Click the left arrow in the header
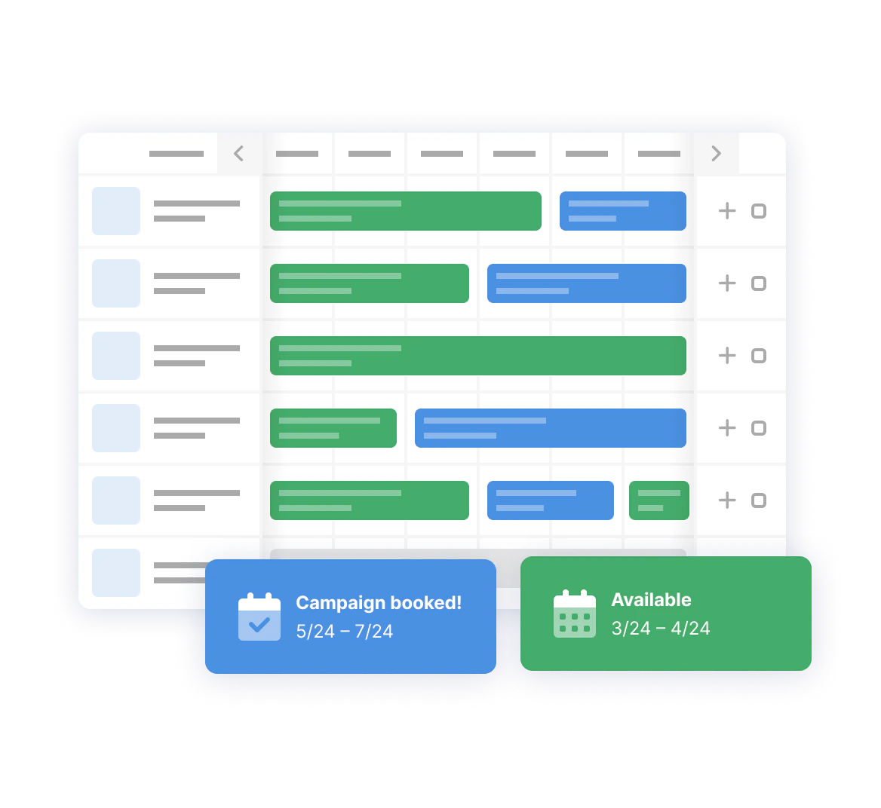point(239,153)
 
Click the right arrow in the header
point(716,153)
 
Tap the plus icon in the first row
point(727,210)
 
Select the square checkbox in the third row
point(759,356)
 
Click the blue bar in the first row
point(622,211)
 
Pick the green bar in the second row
point(369,283)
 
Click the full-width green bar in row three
point(478,356)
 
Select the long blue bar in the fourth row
point(550,428)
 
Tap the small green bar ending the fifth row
point(659,500)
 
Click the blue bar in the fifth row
point(550,500)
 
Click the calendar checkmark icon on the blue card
point(259,617)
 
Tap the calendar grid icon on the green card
point(574,614)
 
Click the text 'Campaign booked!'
point(379,602)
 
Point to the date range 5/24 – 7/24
point(345,631)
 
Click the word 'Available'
point(651,600)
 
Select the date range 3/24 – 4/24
point(661,629)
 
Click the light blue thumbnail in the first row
point(115,211)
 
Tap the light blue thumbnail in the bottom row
point(115,573)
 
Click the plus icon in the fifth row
point(727,500)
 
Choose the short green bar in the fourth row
point(333,428)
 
